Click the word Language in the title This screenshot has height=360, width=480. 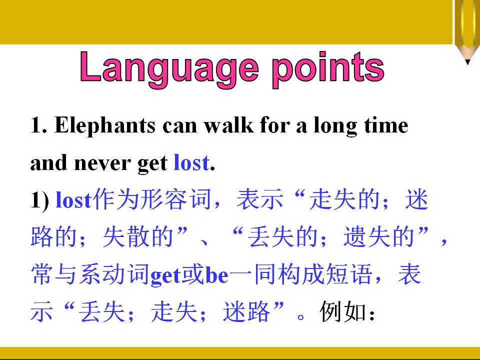(169, 69)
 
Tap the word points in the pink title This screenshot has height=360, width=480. (328, 69)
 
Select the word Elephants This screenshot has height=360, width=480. (104, 126)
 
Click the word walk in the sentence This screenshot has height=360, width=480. (229, 125)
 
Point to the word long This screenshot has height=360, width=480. (335, 126)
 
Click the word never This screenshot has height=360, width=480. (102, 163)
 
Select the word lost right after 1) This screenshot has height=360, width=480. (73, 200)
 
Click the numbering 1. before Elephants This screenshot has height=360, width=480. (38, 125)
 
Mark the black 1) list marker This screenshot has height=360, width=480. (39, 201)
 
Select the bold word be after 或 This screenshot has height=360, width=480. (216, 274)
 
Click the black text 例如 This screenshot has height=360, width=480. (342, 311)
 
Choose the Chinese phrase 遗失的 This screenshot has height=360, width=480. (378, 236)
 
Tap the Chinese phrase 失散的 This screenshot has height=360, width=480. (138, 236)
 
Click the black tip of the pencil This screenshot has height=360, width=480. (467, 62)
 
